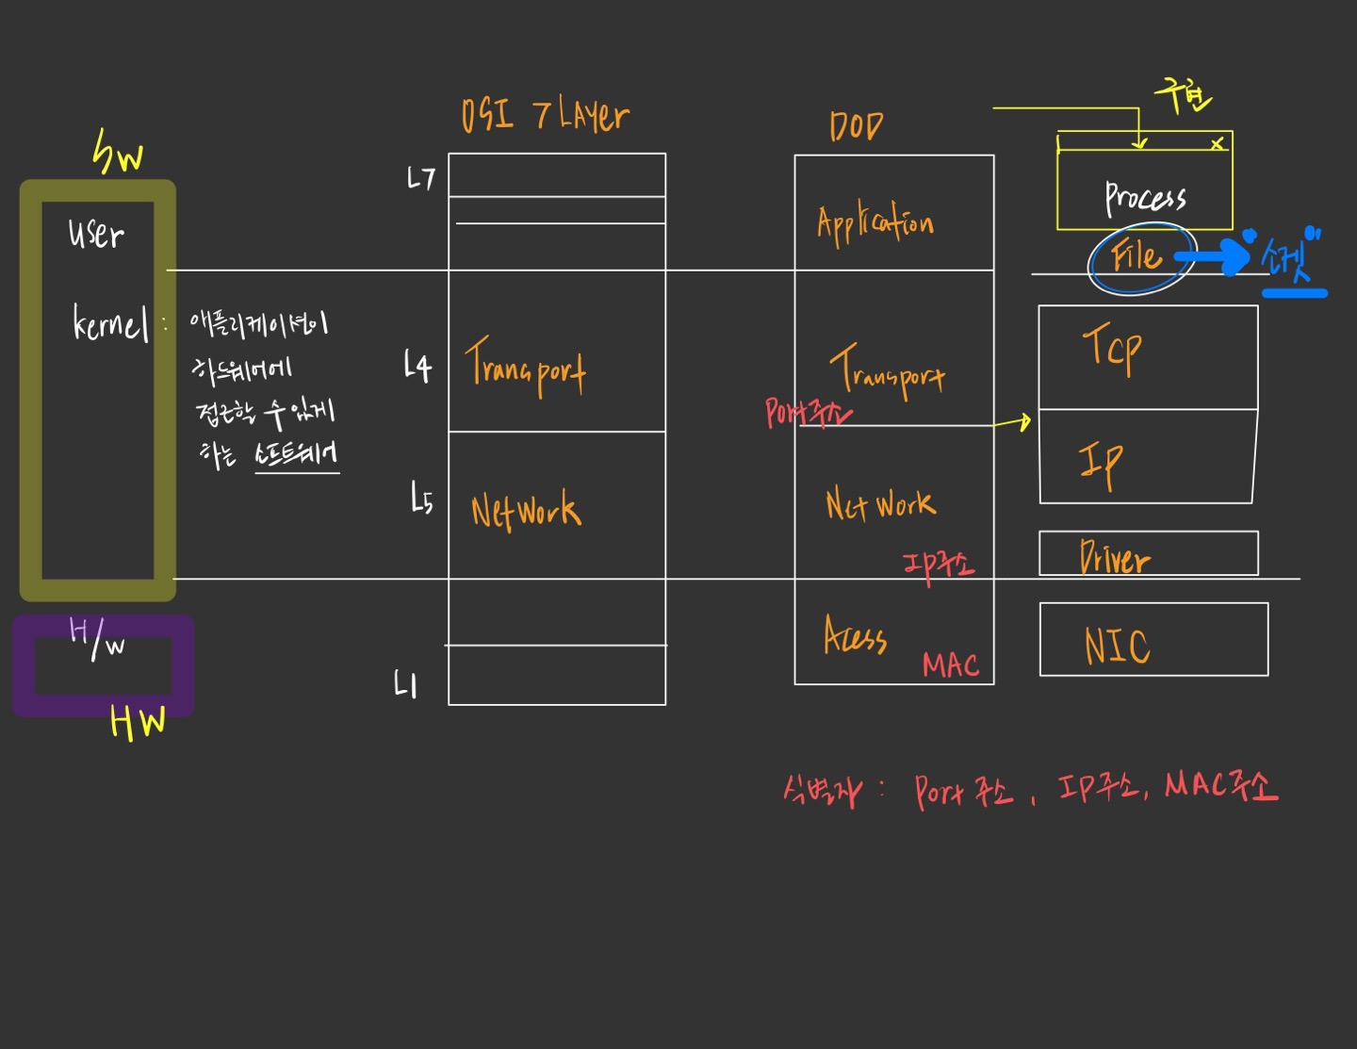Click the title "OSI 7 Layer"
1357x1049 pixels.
[545, 116]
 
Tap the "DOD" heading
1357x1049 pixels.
[856, 126]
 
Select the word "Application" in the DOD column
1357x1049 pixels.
[875, 223]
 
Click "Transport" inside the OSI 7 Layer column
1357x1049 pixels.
[526, 368]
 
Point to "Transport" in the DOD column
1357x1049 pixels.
[887, 370]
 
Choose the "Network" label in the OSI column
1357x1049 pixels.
[526, 510]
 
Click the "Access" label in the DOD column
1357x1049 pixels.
[855, 636]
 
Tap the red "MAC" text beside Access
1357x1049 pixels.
[950, 665]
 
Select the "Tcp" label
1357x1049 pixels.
[1112, 348]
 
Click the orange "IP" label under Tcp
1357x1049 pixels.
[1101, 463]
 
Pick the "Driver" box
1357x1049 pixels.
[1148, 554]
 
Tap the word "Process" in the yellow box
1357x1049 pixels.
[1145, 197]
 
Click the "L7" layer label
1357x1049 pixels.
[420, 178]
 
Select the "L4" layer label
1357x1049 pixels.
[417, 366]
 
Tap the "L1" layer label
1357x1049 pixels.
[405, 684]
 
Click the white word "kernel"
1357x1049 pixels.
[110, 324]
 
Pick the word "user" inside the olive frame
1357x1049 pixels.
[96, 233]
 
